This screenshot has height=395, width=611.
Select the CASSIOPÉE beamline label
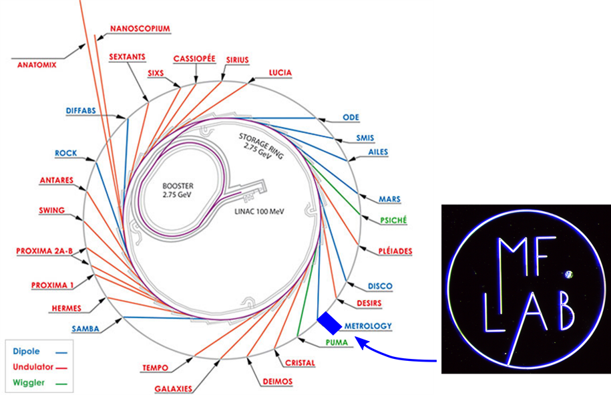(194, 59)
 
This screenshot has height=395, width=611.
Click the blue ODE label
(351, 117)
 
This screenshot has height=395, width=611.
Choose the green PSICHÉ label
(393, 220)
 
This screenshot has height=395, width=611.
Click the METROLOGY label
(368, 326)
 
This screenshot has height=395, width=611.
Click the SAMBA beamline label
(86, 329)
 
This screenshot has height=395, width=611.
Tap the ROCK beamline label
(66, 153)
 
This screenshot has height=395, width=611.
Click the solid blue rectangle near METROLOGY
(329, 323)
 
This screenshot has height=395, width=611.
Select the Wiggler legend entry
(29, 383)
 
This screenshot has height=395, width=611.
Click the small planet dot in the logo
(568, 273)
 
